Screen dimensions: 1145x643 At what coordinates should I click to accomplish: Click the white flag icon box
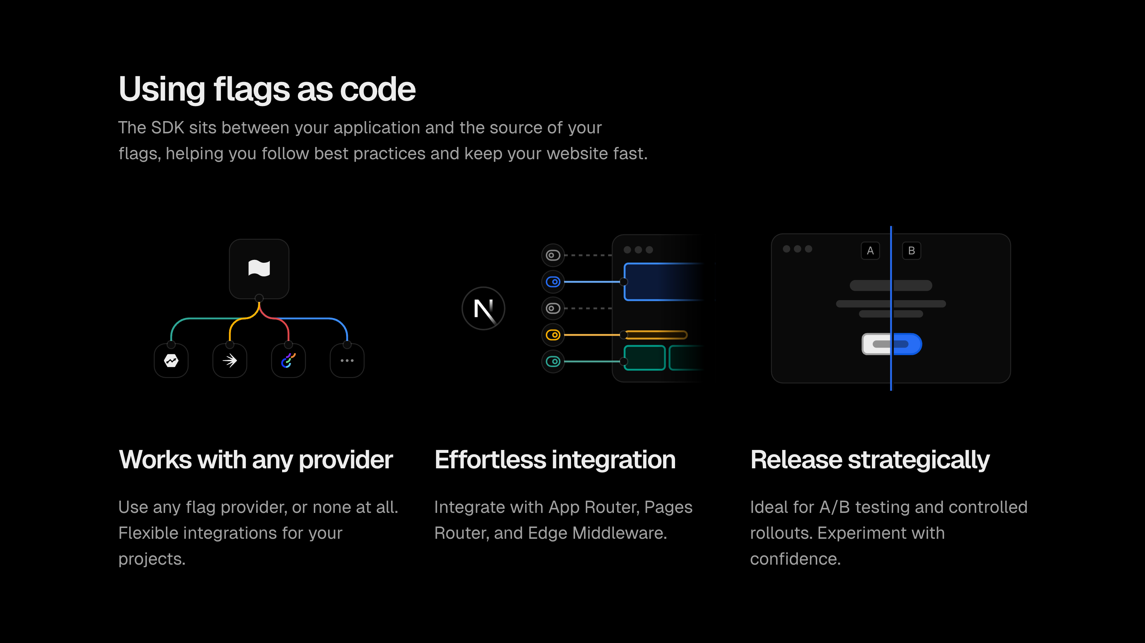[259, 268]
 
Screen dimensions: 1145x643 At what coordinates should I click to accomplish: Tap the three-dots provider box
[347, 360]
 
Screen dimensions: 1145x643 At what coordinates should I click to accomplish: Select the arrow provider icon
[230, 360]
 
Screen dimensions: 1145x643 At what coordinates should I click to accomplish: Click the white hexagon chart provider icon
[171, 360]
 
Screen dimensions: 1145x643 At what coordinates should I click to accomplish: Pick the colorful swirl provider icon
[289, 360]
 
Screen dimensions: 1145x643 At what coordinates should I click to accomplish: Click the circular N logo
[484, 308]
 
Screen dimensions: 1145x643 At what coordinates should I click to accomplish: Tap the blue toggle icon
[553, 281]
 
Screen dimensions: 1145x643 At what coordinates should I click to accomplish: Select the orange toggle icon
[553, 335]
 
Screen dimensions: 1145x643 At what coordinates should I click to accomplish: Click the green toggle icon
[553, 362]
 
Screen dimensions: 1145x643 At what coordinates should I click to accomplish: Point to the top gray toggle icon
[553, 255]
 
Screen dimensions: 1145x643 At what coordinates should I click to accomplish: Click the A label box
[870, 251]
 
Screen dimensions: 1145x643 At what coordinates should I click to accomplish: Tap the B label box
[911, 251]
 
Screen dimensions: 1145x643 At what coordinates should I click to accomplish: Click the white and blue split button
[892, 344]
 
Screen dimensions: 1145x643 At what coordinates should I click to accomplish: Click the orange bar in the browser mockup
[655, 335]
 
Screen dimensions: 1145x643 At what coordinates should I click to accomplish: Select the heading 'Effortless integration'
[555, 460]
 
